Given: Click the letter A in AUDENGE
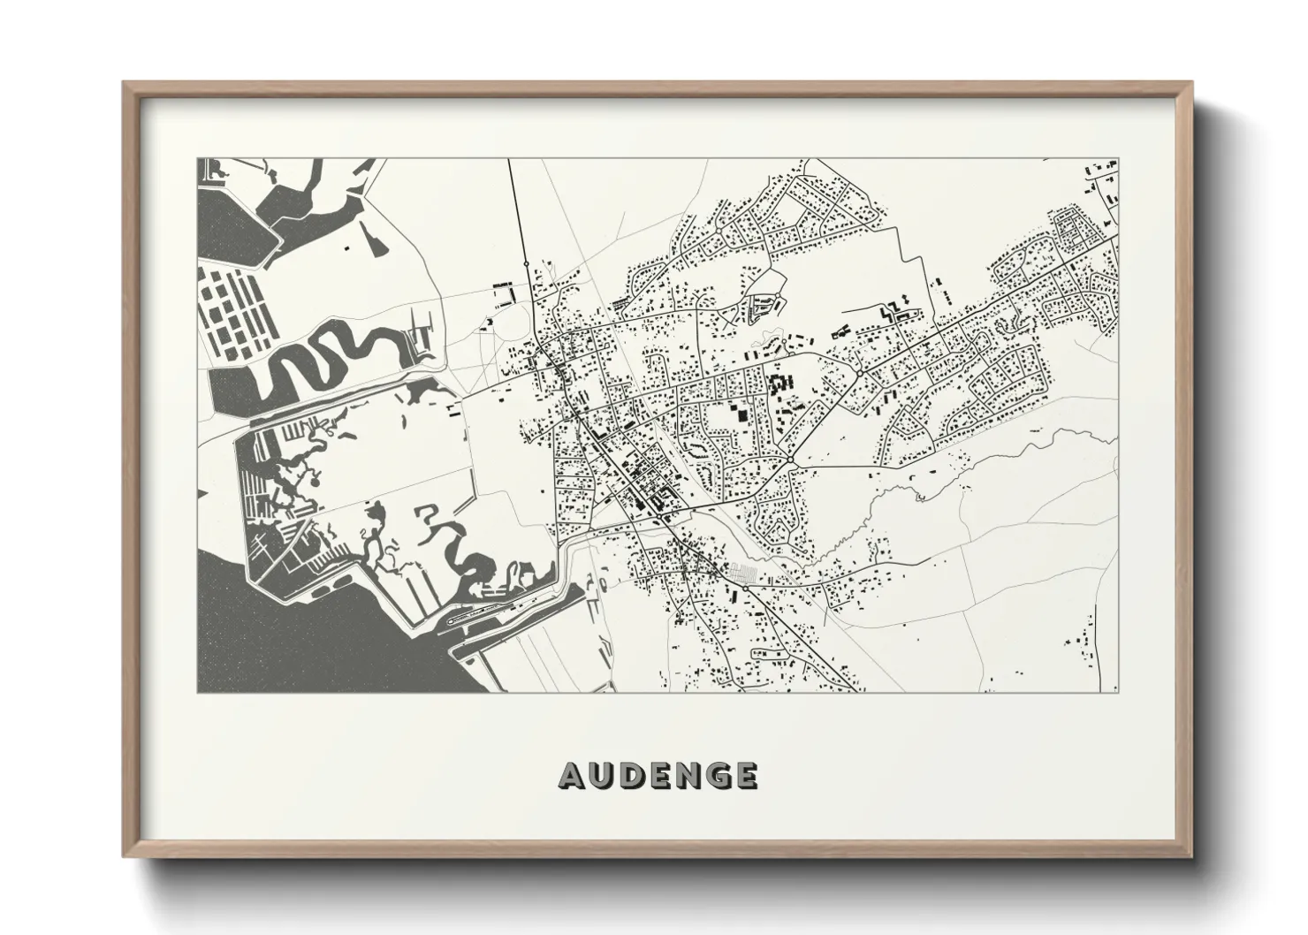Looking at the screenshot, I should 572,776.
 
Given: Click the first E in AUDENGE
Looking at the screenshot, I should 658,776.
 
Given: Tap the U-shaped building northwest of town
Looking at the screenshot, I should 503,294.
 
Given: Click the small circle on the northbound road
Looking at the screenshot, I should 527,262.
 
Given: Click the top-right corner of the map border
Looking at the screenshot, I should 1118,159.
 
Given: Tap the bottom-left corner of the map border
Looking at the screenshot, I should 197,692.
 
